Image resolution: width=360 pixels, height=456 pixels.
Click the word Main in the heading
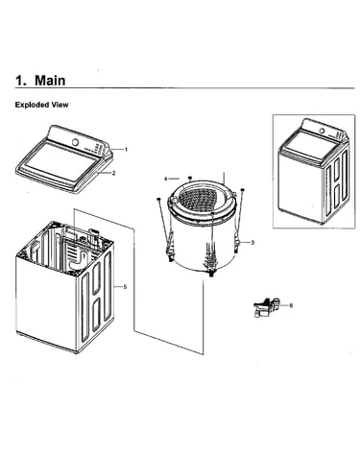point(50,80)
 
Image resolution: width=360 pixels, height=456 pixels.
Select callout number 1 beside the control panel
point(126,149)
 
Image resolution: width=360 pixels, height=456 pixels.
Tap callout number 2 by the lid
point(113,173)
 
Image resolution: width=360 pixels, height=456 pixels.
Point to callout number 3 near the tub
point(252,243)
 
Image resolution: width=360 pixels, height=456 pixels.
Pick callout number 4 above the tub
point(165,179)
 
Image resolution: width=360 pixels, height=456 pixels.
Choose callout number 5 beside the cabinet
point(125,287)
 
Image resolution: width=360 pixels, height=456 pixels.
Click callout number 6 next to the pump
point(291,305)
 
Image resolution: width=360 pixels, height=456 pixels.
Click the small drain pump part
point(266,307)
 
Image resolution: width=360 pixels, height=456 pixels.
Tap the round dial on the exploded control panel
point(76,142)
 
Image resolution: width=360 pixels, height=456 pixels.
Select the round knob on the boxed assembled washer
point(322,131)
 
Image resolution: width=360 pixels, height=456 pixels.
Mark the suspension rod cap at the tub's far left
point(158,200)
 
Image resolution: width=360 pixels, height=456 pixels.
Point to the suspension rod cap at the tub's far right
point(242,190)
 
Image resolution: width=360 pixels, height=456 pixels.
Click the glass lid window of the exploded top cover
point(60,162)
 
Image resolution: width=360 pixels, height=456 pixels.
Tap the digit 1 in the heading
point(19,81)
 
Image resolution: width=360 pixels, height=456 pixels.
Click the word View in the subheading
point(60,105)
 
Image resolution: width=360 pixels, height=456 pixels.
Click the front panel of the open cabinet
point(46,300)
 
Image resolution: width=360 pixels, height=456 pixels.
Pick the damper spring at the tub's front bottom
point(211,256)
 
